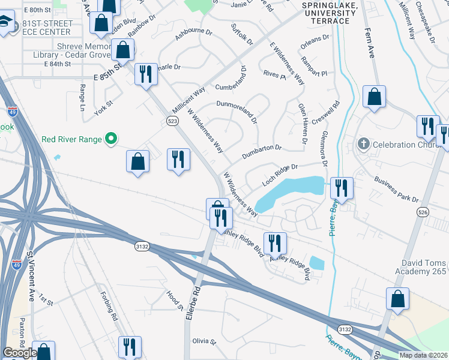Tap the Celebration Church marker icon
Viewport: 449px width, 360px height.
[363, 145]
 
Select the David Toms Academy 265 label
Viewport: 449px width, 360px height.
[423, 268]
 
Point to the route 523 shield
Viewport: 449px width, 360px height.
[172, 121]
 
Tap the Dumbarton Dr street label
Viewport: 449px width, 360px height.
[261, 152]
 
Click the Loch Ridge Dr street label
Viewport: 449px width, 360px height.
[280, 174]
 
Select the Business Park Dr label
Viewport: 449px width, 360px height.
[395, 189]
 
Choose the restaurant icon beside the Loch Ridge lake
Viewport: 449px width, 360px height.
[341, 188]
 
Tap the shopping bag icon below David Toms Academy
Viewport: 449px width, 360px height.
[397, 298]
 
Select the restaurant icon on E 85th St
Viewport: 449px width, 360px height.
[146, 74]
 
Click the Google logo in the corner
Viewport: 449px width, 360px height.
[19, 353]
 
